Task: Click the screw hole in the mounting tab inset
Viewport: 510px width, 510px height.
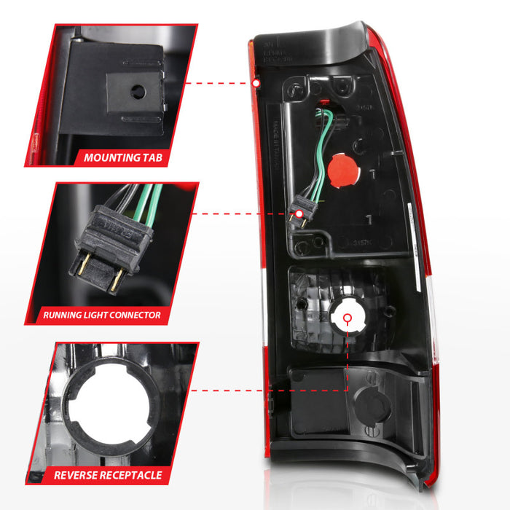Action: point(136,94)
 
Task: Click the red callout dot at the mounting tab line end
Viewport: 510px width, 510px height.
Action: point(256,83)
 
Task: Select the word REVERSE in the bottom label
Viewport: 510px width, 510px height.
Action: point(79,475)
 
